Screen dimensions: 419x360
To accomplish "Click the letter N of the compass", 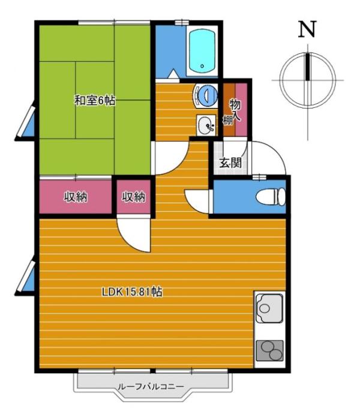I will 307,29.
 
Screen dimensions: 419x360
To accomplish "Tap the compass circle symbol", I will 308,79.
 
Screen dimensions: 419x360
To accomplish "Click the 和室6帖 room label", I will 95,101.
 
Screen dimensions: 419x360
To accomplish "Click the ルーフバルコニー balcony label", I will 151,387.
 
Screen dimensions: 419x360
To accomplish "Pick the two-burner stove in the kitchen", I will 269,349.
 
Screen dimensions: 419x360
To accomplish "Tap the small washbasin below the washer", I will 206,125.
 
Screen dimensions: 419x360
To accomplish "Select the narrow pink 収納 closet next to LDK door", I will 134,197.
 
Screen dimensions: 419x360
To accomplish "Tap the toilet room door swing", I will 198,201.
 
